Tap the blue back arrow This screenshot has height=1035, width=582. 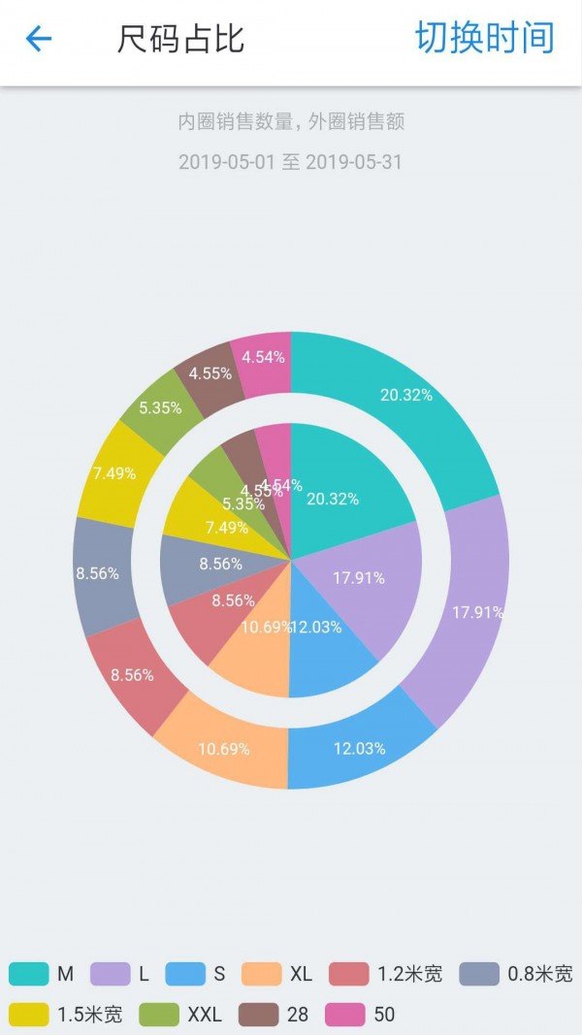(x=39, y=39)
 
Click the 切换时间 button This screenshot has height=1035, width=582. (x=484, y=38)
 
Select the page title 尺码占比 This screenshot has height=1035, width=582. (x=180, y=40)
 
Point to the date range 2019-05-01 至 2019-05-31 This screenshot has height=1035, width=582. (x=290, y=162)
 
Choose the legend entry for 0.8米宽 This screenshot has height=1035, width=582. (x=515, y=973)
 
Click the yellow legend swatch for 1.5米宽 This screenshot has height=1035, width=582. (x=29, y=1015)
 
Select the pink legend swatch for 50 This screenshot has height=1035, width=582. (x=345, y=1015)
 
